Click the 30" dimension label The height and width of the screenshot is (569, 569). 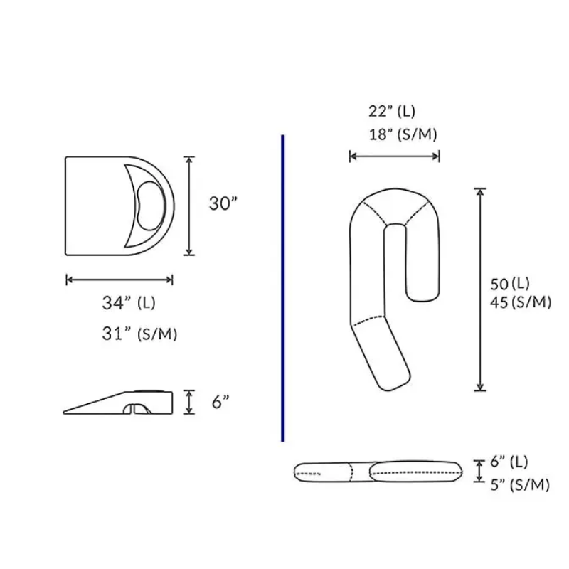point(223,203)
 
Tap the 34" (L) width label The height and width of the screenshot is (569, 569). point(129,303)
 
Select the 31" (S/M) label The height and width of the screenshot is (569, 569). point(139,334)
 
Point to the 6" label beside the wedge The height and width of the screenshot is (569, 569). point(220,402)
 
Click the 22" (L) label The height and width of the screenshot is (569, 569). point(392,111)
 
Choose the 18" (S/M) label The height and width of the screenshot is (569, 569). point(403,134)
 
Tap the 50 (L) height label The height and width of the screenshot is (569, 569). point(510,284)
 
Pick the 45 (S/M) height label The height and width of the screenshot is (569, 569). point(521,302)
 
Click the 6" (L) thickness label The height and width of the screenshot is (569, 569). point(509,462)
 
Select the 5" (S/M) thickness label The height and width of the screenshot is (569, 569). point(520,485)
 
